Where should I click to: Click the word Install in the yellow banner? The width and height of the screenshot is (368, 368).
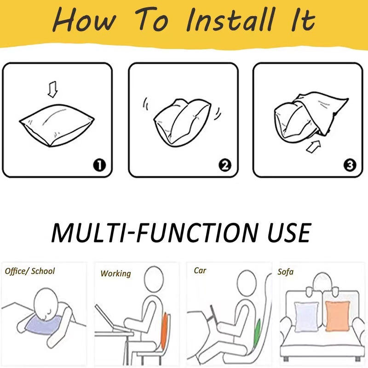click(231, 19)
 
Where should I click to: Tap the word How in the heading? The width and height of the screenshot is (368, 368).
click(85, 20)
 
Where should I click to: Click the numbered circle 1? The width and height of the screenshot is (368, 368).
click(99, 165)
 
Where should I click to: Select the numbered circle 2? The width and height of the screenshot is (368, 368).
click(225, 165)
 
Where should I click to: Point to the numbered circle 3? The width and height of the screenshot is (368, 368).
click(350, 165)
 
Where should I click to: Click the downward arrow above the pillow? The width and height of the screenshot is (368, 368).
click(52, 89)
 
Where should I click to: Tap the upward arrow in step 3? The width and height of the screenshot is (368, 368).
click(314, 147)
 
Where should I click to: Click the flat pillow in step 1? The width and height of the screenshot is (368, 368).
click(57, 125)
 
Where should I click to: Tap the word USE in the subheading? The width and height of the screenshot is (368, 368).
click(289, 233)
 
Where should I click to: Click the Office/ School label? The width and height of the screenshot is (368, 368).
click(30, 271)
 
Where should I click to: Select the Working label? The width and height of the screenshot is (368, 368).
click(115, 274)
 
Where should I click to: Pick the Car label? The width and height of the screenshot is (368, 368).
click(200, 270)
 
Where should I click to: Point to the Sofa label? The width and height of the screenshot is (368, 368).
click(285, 272)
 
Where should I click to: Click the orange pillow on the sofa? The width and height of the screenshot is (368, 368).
click(337, 316)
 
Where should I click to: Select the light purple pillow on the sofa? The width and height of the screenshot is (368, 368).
click(306, 317)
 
